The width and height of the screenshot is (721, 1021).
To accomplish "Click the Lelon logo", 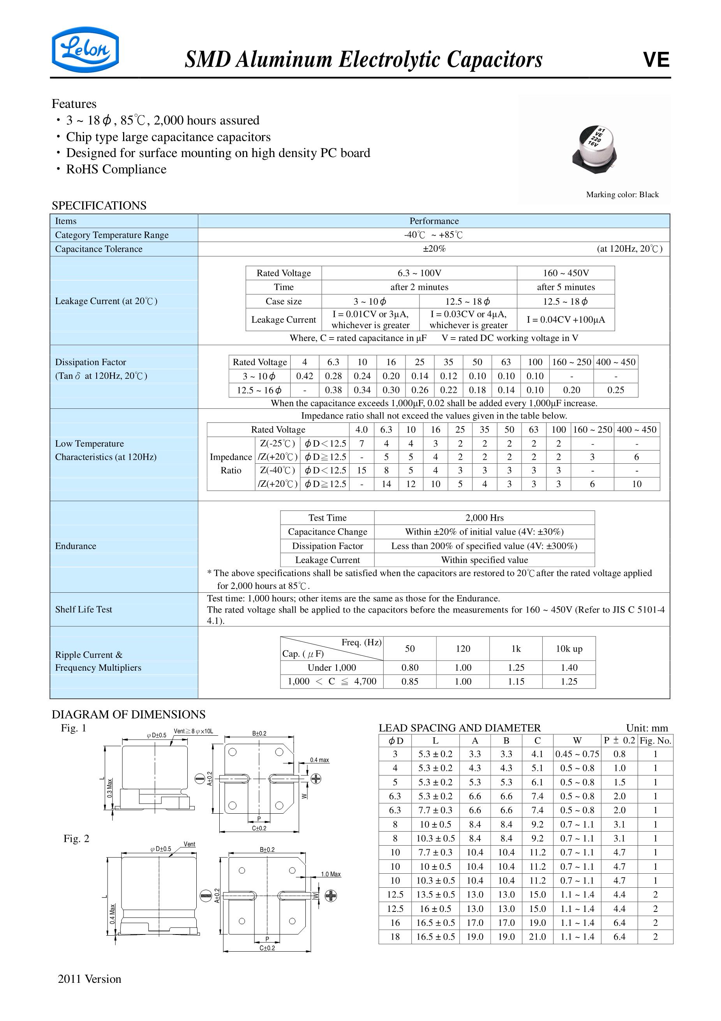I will pyautogui.click(x=85, y=50).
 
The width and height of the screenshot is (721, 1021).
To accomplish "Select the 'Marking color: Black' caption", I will pyautogui.click(x=622, y=194).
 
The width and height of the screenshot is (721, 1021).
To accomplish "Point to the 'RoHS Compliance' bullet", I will pyautogui.click(x=116, y=170).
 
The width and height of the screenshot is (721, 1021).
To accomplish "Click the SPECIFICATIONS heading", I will pyautogui.click(x=99, y=205).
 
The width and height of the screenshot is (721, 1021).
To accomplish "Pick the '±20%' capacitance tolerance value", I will pyautogui.click(x=434, y=249).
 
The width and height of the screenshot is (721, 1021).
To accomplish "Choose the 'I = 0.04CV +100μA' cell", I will pyautogui.click(x=566, y=320).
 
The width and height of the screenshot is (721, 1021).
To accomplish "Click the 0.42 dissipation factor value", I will pyautogui.click(x=305, y=376).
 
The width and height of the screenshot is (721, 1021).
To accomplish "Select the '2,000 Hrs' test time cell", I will pyautogui.click(x=484, y=518).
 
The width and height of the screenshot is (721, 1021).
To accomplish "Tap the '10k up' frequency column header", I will pyautogui.click(x=569, y=649).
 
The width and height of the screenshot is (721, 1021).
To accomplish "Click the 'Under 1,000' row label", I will pyautogui.click(x=331, y=668).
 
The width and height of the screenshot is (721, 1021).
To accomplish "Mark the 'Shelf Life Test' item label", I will pyautogui.click(x=84, y=609).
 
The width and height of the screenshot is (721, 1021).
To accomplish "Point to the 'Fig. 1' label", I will pyautogui.click(x=73, y=728).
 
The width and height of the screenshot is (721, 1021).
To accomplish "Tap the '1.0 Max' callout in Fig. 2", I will pyautogui.click(x=331, y=874).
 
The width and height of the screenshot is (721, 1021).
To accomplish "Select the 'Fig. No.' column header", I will pyautogui.click(x=655, y=740).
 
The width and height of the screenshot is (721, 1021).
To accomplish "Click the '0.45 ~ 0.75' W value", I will pyautogui.click(x=576, y=754).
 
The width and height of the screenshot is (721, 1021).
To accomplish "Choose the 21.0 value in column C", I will pyautogui.click(x=537, y=937).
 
